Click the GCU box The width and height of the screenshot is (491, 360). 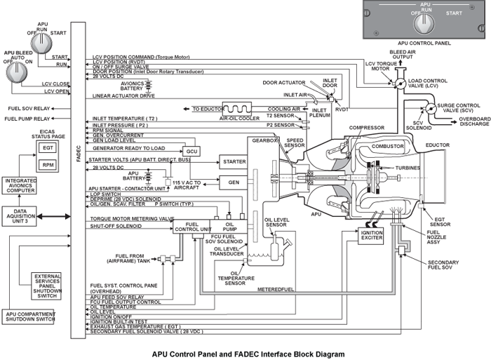191,152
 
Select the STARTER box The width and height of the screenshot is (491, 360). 234,161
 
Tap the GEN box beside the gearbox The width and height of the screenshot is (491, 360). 234,182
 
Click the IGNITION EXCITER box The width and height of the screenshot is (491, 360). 371,235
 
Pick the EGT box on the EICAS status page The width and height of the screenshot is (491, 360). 48,148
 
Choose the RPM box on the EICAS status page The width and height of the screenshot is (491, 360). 48,165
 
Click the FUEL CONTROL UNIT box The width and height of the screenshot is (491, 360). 191,227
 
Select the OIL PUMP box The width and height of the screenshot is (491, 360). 229,227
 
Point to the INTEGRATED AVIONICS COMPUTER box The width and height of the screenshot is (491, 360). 20,185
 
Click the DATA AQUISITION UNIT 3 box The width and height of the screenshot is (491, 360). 20,216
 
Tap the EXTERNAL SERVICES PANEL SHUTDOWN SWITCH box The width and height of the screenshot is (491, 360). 46,286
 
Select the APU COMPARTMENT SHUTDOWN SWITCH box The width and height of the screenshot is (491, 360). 28,316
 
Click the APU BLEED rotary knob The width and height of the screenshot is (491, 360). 17,72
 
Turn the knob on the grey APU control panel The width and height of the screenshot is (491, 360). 424,24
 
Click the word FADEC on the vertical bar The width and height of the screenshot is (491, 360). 79,154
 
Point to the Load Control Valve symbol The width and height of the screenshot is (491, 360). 400,84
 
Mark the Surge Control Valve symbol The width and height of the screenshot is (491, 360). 431,108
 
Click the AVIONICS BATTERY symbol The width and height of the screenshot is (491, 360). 149,86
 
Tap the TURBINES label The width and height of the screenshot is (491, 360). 408,168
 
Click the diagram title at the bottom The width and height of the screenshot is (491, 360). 248,354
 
